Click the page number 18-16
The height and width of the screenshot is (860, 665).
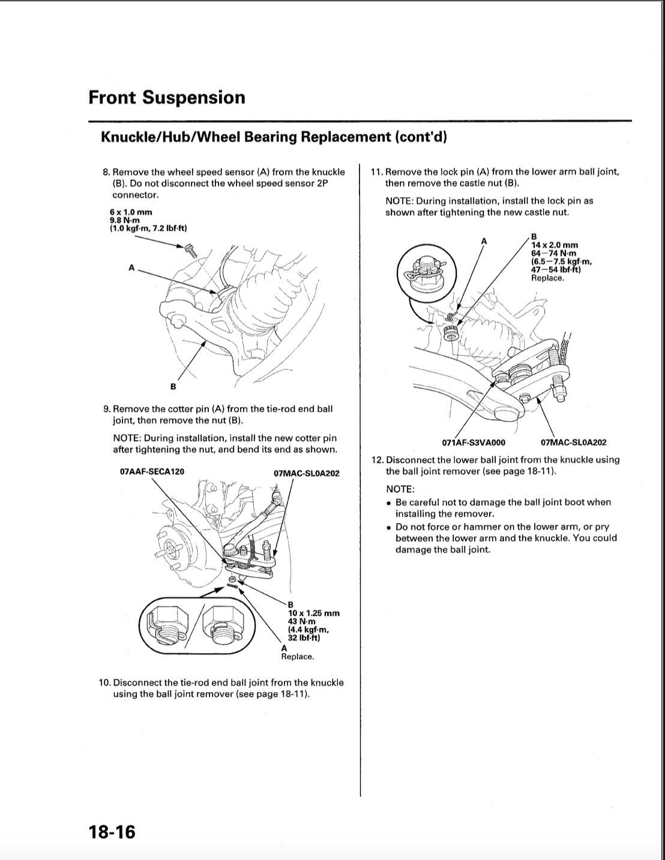pos(112,832)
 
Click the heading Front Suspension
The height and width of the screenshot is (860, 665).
pos(166,97)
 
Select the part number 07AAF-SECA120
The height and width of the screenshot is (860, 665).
pos(152,471)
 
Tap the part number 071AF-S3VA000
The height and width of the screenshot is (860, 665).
pos(474,443)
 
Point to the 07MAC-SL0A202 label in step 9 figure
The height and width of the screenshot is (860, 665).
pos(306,473)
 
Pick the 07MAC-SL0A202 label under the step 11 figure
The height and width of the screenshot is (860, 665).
pos(573,443)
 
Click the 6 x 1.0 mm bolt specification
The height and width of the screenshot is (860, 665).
pos(131,212)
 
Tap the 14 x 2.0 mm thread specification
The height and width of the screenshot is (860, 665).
pos(555,245)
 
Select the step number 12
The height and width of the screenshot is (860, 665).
pos(377,460)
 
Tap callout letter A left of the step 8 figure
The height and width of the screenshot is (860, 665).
pos(131,267)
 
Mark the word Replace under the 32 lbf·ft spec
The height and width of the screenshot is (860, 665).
pos(297,657)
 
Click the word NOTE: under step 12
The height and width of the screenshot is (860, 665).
pos(400,489)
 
